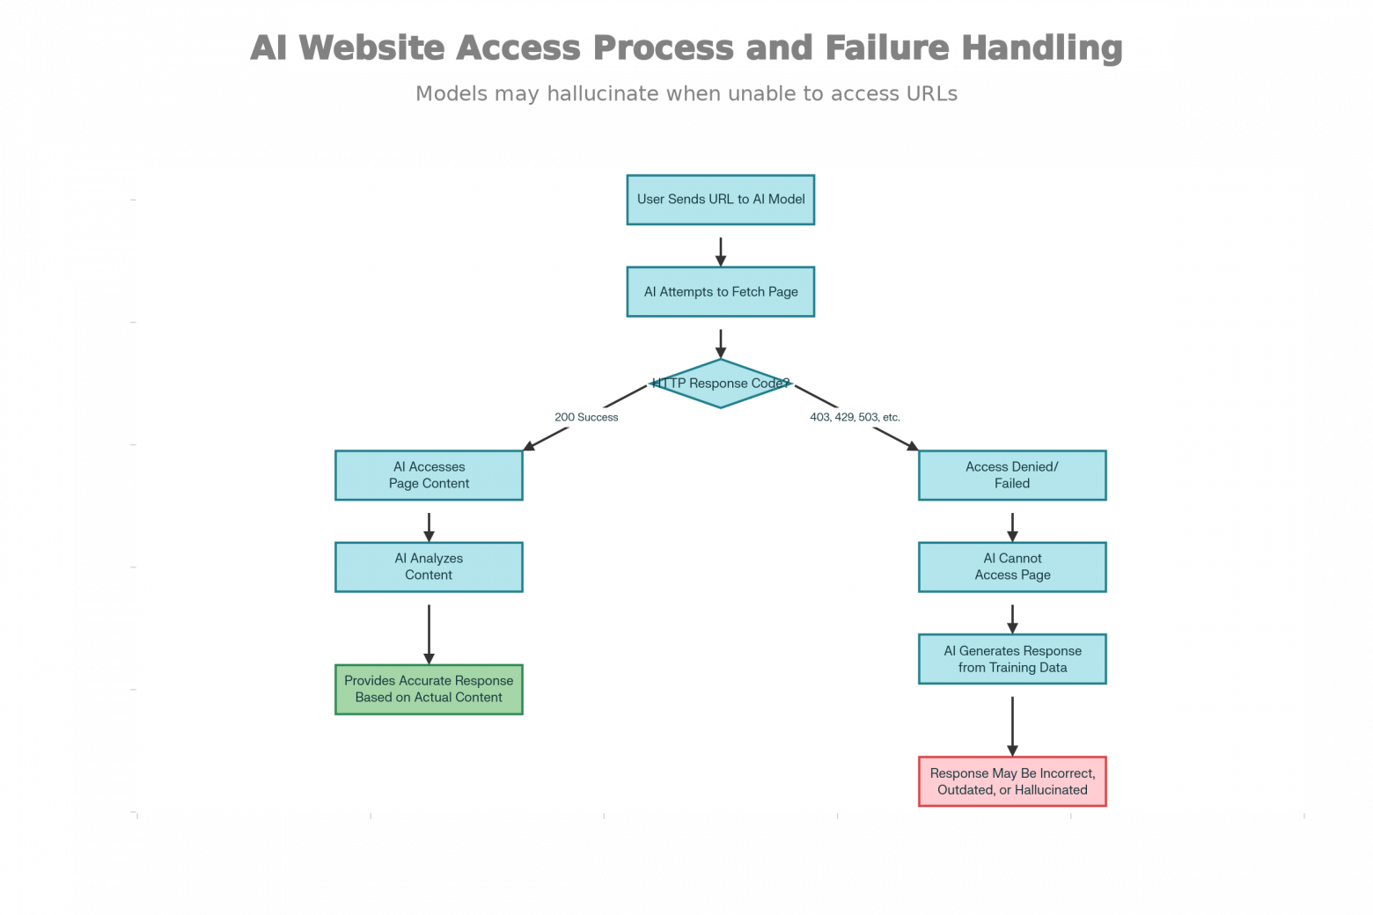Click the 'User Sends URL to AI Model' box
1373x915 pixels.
click(x=720, y=200)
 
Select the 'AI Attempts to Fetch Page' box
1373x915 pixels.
click(x=720, y=292)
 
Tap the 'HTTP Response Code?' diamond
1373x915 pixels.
click(x=720, y=384)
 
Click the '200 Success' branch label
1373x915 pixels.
click(x=586, y=417)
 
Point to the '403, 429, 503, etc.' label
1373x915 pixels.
click(x=855, y=417)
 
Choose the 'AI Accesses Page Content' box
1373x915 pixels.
click(x=430, y=476)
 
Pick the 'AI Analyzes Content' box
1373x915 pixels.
click(x=430, y=567)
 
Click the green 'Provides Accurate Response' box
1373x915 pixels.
click(x=430, y=690)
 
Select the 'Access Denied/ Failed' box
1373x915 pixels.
click(x=1012, y=476)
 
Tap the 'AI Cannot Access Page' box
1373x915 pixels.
click(x=1012, y=567)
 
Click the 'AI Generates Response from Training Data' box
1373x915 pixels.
click(x=1012, y=659)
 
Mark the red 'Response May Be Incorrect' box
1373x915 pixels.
click(x=1012, y=781)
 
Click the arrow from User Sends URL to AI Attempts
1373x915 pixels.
click(x=721, y=252)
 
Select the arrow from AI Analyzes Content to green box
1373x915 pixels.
click(x=430, y=635)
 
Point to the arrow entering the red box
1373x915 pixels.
click(x=1012, y=727)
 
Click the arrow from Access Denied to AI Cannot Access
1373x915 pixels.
click(x=1012, y=528)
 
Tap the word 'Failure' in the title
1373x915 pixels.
click(x=887, y=48)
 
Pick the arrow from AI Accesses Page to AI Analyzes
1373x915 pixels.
click(x=430, y=528)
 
